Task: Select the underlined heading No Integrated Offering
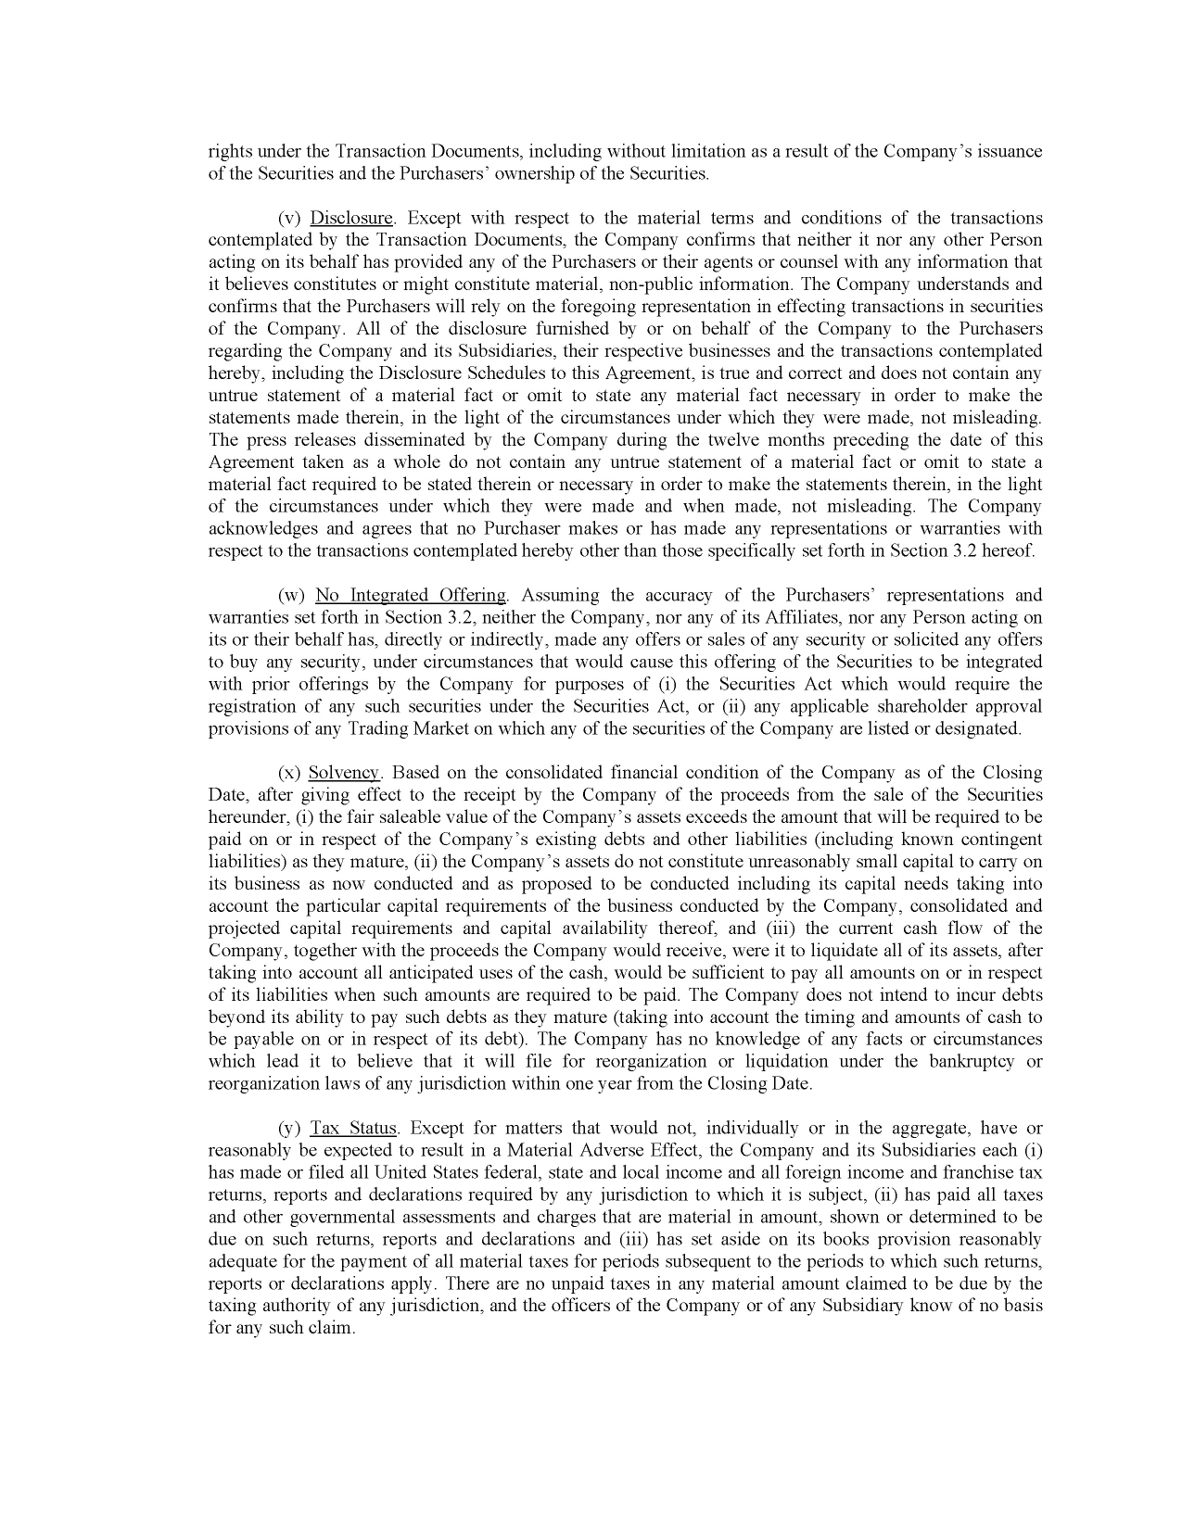point(411,596)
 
